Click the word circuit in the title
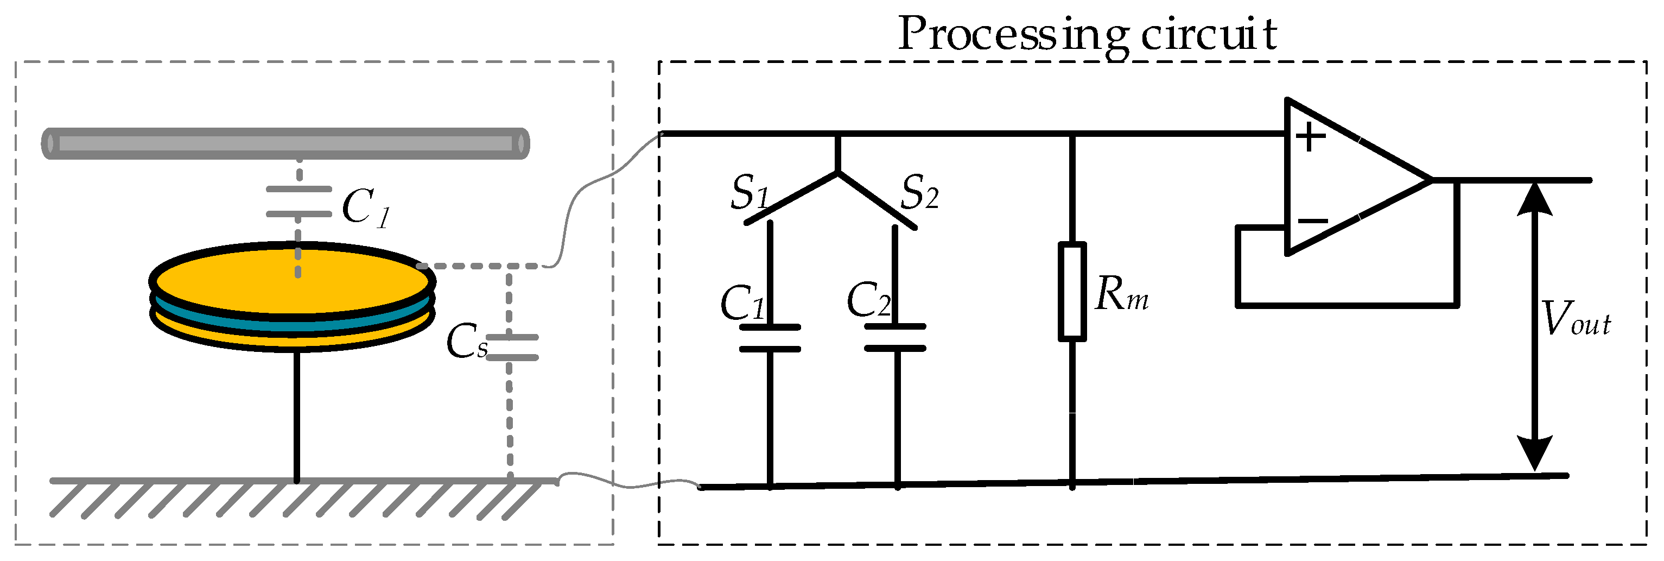tap(1209, 35)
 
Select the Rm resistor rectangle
tap(1072, 291)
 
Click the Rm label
tap(1121, 295)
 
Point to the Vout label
tap(1576, 319)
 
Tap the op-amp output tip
tap(1430, 180)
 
